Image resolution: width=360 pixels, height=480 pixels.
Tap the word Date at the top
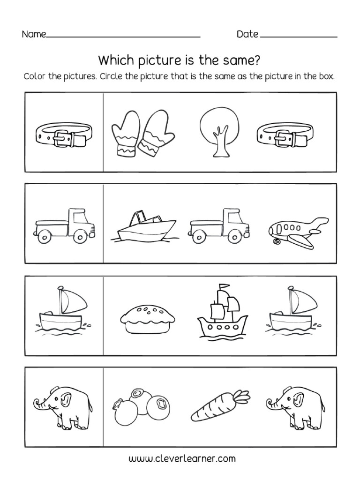247,34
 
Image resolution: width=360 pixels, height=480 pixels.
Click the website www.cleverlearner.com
180,458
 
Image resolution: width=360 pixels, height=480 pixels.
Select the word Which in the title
114,61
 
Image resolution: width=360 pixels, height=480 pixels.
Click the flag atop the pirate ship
226,285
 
